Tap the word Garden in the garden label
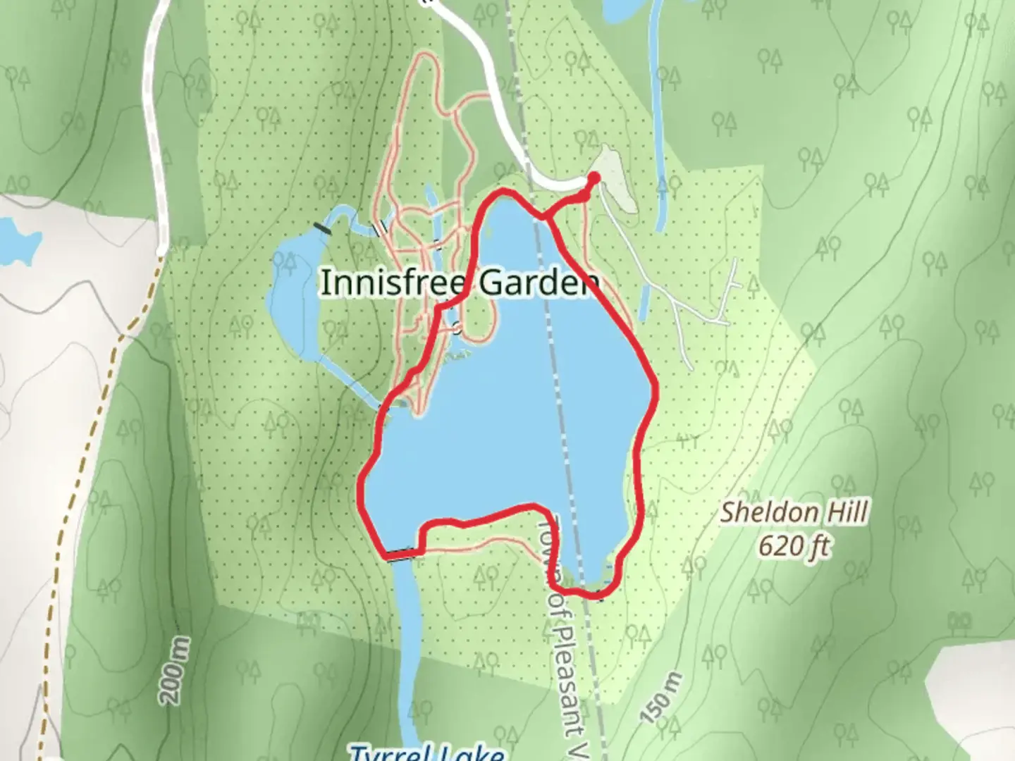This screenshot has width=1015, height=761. (x=539, y=283)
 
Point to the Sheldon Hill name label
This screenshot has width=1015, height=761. (x=794, y=513)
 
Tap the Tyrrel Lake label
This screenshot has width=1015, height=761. (x=427, y=753)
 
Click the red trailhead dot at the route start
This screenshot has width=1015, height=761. (x=594, y=178)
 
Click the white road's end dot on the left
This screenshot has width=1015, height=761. (x=161, y=249)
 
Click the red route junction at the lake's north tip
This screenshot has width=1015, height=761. (x=544, y=217)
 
